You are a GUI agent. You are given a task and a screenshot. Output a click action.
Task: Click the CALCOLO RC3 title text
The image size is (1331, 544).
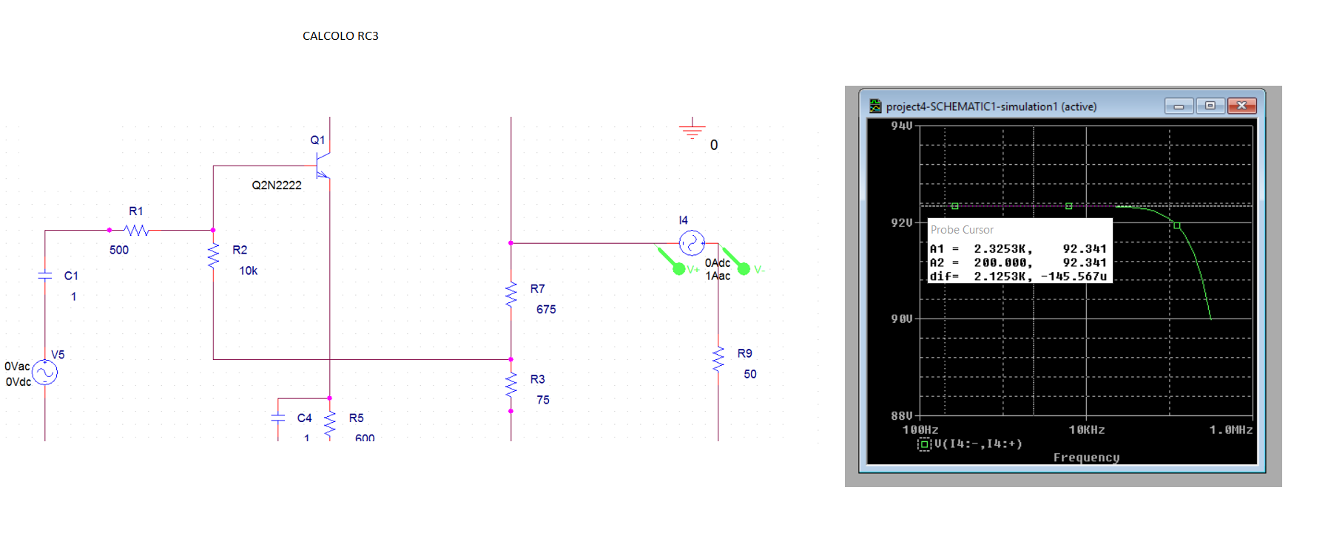[x=340, y=35]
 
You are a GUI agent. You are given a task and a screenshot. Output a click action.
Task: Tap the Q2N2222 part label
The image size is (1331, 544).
[x=277, y=185]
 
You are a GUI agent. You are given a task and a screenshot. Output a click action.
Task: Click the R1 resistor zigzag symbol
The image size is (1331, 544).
[x=137, y=230]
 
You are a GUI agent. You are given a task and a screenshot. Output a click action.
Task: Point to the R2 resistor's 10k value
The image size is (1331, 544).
[x=249, y=271]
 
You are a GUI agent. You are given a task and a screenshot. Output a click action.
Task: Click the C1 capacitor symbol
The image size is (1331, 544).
[x=45, y=276]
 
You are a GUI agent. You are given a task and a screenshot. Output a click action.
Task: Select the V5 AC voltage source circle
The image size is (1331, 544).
[x=45, y=372]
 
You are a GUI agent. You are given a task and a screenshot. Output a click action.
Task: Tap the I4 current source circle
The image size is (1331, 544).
[x=692, y=242]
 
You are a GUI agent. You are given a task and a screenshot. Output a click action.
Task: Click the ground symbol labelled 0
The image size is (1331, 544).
[x=693, y=129]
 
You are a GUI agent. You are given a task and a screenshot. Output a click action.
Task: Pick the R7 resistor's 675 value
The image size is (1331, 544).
[x=546, y=309]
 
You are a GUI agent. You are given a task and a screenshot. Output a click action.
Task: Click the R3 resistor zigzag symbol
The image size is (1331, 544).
[x=511, y=384]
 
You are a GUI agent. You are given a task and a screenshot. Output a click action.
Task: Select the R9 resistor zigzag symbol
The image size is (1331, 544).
[x=718, y=359]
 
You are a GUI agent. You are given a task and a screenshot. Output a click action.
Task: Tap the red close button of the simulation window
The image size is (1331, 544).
[x=1241, y=106]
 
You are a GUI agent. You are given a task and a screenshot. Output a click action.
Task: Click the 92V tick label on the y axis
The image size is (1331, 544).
[x=902, y=222]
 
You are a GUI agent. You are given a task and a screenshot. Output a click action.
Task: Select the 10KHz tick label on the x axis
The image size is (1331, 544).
[x=1086, y=429]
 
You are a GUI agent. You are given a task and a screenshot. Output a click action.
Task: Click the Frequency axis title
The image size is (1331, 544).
[x=1086, y=458]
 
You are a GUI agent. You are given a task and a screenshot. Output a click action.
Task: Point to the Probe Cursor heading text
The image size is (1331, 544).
[x=962, y=230]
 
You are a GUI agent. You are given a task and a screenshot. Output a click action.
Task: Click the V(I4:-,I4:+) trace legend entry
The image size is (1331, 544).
[x=971, y=443]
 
